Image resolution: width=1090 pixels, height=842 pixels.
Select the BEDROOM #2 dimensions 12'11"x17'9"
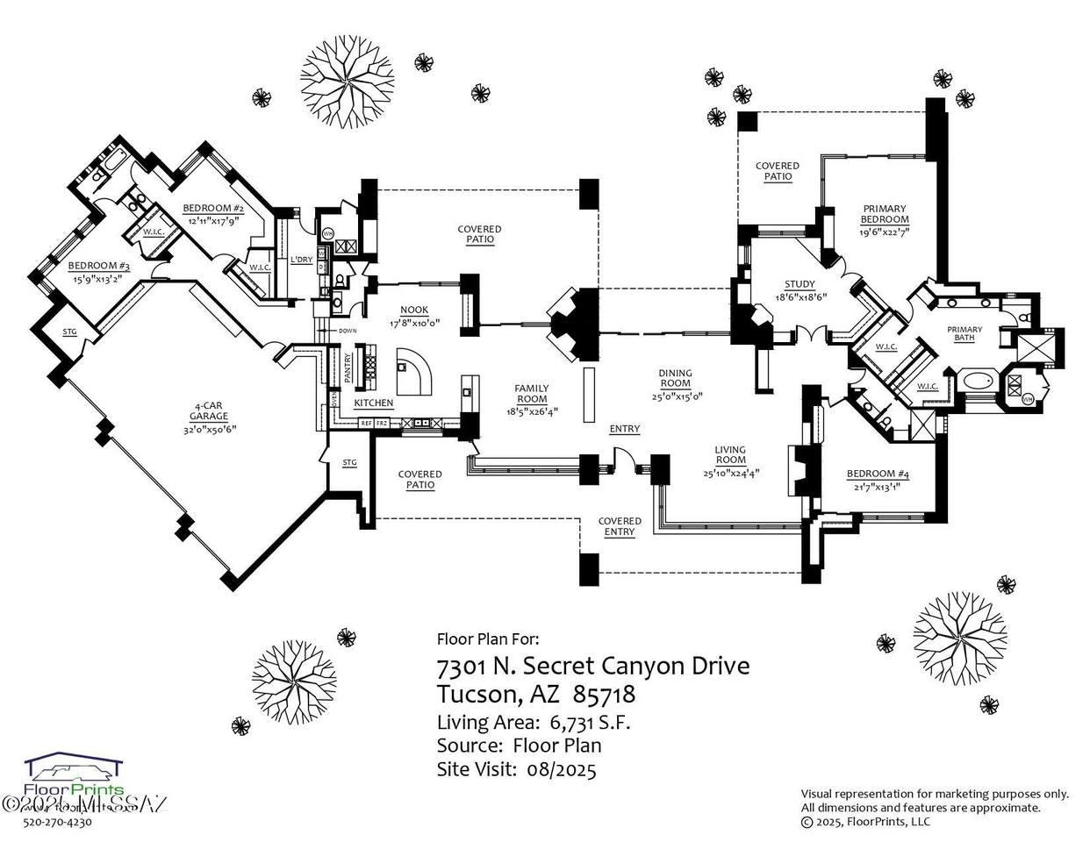212,220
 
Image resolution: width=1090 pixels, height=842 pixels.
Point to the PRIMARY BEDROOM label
884,213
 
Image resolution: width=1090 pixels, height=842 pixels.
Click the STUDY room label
800,284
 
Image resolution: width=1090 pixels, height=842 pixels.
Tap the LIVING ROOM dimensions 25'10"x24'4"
730,473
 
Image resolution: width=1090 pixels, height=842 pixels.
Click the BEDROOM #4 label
878,475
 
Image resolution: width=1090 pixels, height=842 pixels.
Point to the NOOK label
414,310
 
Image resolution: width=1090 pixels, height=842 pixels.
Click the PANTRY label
348,368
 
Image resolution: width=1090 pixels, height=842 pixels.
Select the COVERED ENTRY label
620,526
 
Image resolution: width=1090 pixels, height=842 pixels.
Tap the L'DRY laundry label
301,260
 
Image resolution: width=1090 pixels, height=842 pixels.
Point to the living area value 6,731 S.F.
590,723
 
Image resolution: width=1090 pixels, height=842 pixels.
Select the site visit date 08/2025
562,770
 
